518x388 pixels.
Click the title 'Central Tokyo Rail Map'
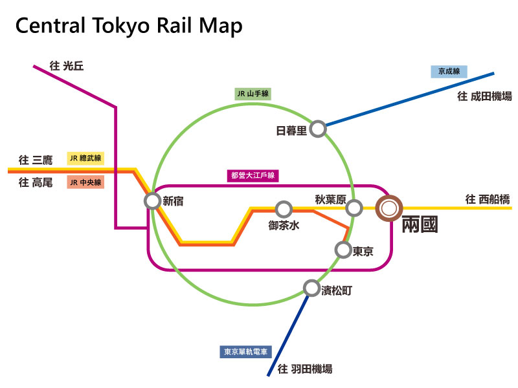coord(129,27)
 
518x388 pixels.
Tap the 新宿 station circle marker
coord(152,201)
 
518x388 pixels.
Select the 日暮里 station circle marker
coord(317,129)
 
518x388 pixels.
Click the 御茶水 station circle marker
coord(283,209)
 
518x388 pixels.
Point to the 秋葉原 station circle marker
coord(354,208)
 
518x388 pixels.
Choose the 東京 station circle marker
coord(343,249)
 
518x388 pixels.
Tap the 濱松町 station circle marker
coord(311,288)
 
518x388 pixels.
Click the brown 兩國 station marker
coord(389,208)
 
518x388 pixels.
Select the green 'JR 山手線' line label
coord(253,94)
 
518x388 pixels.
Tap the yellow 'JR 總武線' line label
coord(85,158)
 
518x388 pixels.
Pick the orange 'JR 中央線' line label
coord(85,182)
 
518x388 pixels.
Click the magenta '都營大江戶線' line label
coord(254,175)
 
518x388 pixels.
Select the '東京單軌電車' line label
coord(246,352)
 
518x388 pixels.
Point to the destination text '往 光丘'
coord(67,65)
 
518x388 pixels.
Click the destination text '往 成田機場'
coord(484,96)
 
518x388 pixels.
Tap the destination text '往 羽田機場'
coord(304,369)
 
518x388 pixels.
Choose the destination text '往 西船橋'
coord(488,199)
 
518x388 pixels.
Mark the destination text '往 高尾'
coord(36,183)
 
